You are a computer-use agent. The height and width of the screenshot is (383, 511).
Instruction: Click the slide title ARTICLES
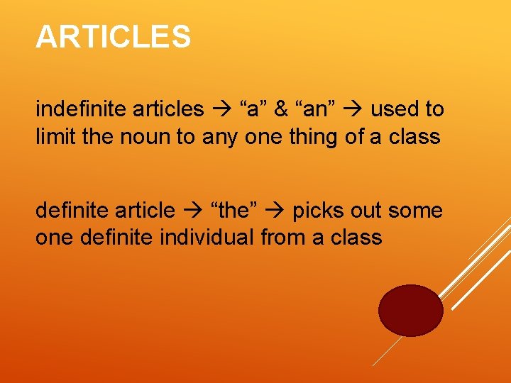coord(114,37)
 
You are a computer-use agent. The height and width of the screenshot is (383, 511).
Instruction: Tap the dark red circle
coord(410,310)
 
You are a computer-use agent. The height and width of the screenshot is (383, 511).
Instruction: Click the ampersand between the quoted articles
coord(281,109)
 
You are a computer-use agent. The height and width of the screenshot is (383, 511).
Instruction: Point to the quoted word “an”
coord(314,109)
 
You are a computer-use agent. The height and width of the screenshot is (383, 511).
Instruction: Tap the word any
coord(221,135)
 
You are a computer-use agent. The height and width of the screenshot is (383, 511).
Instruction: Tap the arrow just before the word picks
coord(278,211)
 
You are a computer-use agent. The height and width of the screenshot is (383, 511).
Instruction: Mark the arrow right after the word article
coord(192,211)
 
